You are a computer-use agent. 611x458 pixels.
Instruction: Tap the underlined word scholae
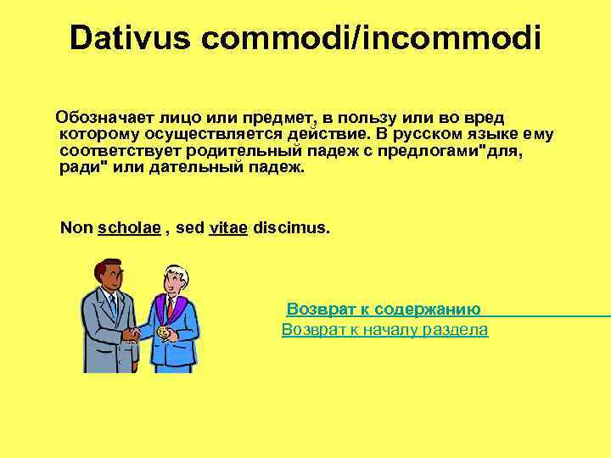[x=130, y=229]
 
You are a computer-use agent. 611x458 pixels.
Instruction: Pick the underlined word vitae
[x=227, y=229]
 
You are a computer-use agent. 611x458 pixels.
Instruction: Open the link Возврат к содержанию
[x=384, y=310]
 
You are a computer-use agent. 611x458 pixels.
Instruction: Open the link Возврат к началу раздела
[x=384, y=329]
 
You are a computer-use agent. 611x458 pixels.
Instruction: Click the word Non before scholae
[x=76, y=229]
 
